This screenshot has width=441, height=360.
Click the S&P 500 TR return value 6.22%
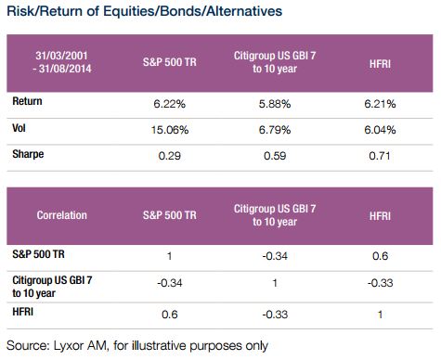pos(169,104)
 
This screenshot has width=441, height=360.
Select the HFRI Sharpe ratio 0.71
pos(380,156)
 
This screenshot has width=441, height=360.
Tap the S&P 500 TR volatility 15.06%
pos(170,130)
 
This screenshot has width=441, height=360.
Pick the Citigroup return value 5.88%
pos(275,104)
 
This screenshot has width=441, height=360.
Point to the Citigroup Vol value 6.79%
pos(275,130)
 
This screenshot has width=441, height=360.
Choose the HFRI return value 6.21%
pos(380,104)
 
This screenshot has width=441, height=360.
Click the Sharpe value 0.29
pos(169,156)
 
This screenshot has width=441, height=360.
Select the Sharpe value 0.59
pos(275,156)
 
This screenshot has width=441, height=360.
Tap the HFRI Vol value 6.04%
pos(380,130)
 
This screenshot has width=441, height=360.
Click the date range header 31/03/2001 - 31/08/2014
pos(62,62)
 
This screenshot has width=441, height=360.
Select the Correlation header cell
pos(62,215)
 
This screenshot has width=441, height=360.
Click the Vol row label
pos(19,128)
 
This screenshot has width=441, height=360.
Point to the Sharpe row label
pos(28,154)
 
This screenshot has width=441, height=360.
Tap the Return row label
pos(27,101)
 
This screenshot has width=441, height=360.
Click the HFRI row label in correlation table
pos(22,312)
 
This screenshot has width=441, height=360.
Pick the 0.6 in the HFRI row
pos(169,315)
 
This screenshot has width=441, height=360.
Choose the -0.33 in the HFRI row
pos(275,315)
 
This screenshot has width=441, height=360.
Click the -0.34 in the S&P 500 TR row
pos(275,256)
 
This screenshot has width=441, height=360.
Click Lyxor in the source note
pos(68,346)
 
